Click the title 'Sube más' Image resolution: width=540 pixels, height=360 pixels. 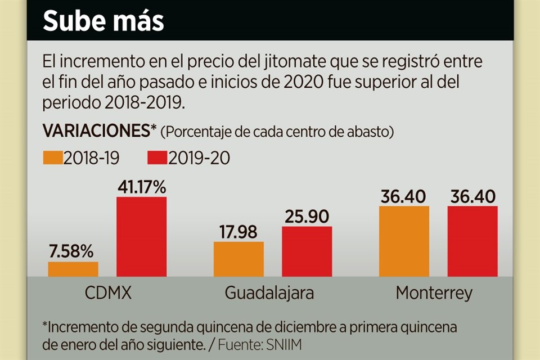(x=103, y=21)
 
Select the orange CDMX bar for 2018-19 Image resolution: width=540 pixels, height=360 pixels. (x=73, y=269)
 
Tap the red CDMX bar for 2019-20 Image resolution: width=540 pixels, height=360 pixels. (x=141, y=236)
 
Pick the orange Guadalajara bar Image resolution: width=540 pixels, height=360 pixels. (x=238, y=259)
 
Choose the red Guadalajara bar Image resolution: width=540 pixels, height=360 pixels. (x=307, y=251)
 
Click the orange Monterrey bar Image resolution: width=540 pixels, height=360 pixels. (x=404, y=241)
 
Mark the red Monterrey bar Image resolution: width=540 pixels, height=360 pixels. (x=472, y=241)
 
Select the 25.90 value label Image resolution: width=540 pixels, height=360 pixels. (x=307, y=217)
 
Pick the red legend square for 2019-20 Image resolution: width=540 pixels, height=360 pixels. (x=156, y=158)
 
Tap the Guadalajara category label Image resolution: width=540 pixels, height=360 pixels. (x=269, y=293)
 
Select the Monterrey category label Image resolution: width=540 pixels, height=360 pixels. (x=434, y=293)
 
